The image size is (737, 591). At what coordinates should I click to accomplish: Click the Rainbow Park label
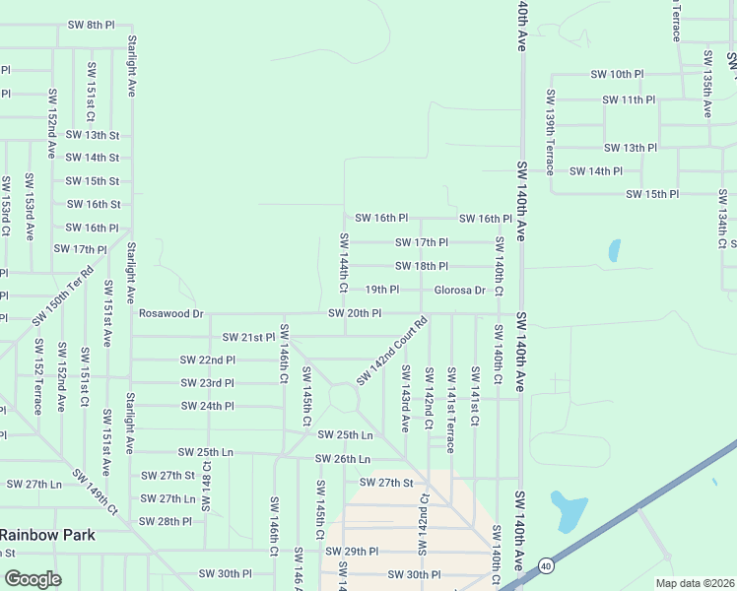[47, 535]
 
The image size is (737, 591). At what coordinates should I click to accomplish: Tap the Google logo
[33, 579]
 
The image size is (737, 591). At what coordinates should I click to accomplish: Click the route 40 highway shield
[545, 565]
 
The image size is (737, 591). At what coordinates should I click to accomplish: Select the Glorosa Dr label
[459, 290]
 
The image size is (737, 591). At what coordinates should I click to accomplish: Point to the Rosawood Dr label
[170, 313]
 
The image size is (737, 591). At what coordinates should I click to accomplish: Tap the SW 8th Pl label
[92, 24]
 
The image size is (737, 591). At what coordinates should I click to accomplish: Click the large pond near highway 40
[569, 510]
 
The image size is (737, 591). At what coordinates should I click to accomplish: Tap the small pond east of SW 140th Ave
[615, 250]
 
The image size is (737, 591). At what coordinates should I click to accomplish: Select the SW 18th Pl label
[422, 266]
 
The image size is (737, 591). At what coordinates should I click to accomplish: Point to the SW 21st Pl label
[248, 337]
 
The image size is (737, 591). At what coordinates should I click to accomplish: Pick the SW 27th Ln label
[34, 484]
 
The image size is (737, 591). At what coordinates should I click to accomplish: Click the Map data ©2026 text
[696, 583]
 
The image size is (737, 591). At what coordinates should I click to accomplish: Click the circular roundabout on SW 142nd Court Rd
[344, 398]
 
